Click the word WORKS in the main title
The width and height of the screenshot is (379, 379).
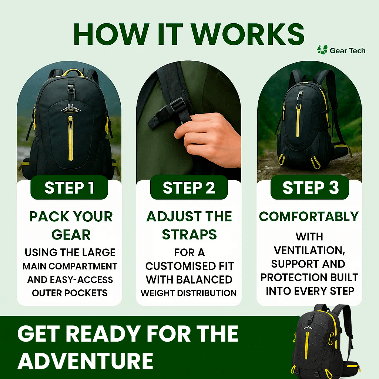[248, 34]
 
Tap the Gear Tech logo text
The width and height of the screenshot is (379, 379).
[347, 51]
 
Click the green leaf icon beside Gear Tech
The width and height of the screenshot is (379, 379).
[322, 50]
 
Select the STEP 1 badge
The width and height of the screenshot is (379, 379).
[69, 188]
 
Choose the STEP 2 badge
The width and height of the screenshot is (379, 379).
[189, 188]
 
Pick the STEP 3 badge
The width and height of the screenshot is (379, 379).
[310, 188]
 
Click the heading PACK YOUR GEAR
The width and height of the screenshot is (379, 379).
[71, 225]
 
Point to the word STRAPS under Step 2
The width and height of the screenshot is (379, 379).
[189, 235]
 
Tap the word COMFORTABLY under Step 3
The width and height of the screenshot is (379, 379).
[309, 217]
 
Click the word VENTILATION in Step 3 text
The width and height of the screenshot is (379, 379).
[309, 250]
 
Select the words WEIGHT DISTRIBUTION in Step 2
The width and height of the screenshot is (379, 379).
[188, 293]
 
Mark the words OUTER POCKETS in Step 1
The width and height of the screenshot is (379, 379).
[70, 293]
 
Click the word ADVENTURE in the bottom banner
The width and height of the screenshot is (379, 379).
[85, 360]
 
